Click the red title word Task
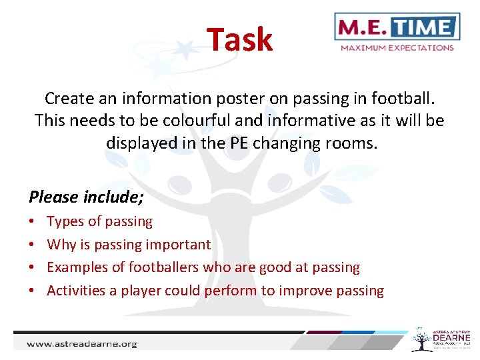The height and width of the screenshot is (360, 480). (239, 39)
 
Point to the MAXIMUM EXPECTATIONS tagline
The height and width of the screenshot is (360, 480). (397, 48)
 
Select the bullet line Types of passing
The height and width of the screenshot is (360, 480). (99, 221)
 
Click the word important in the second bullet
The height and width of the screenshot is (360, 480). (180, 245)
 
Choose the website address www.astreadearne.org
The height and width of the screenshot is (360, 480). (81, 344)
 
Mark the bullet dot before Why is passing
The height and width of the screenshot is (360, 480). (32, 245)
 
